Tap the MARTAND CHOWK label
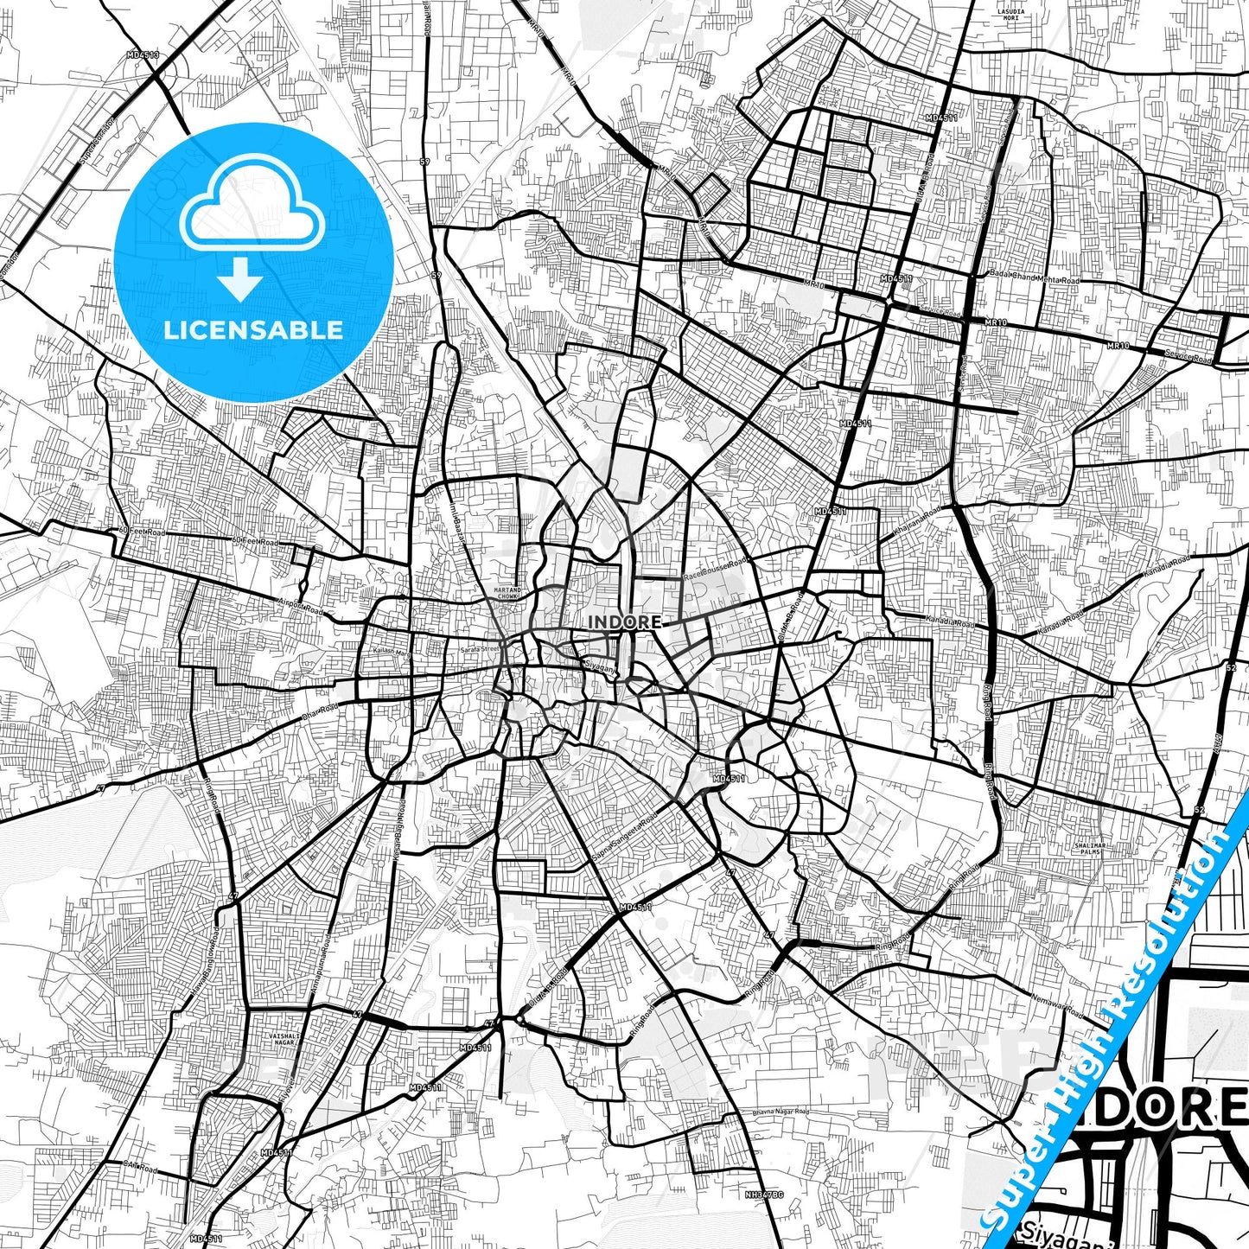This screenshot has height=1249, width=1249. (x=507, y=593)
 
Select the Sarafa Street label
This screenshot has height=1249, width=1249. (x=481, y=648)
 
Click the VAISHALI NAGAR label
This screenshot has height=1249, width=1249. (x=283, y=1039)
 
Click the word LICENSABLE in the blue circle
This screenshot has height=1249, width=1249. (x=253, y=329)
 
